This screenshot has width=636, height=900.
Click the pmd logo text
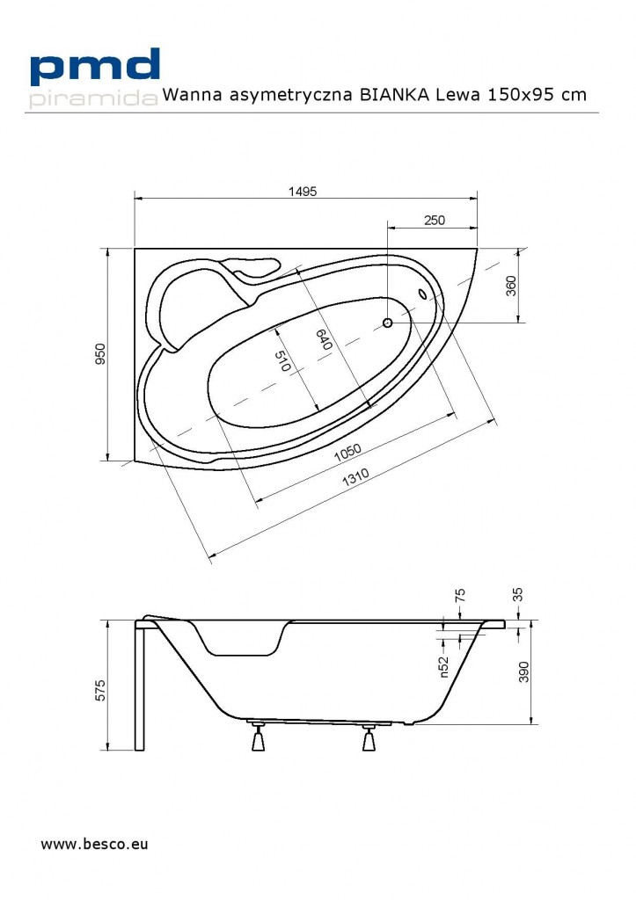click(x=95, y=68)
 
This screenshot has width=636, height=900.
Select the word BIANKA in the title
click(x=394, y=95)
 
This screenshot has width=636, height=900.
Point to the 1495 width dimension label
click(x=301, y=191)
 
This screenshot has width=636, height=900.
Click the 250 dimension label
click(x=434, y=220)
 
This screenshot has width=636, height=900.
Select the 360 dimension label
click(x=511, y=287)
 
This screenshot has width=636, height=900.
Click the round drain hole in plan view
click(x=388, y=323)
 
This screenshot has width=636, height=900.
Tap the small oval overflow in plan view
click(x=422, y=295)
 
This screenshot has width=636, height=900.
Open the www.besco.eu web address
click(x=94, y=845)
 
